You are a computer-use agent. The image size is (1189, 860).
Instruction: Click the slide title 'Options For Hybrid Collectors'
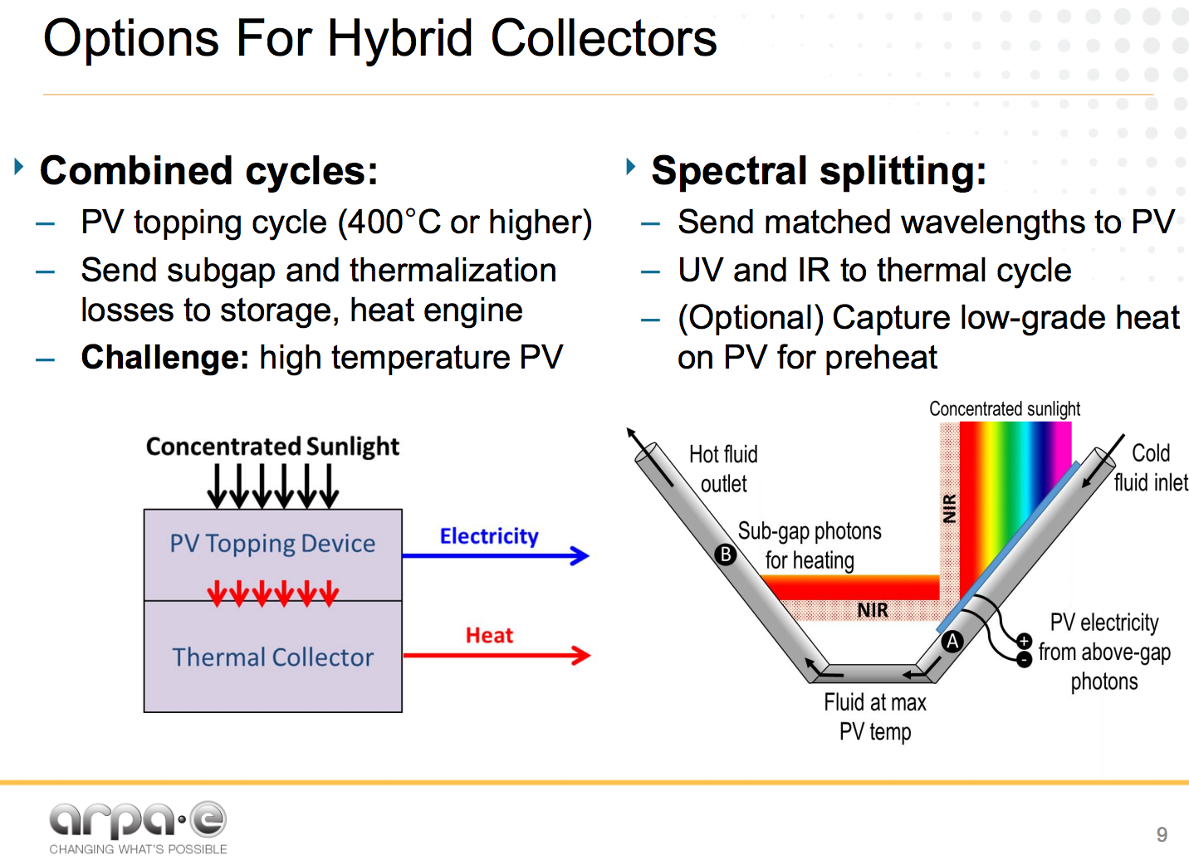point(379,38)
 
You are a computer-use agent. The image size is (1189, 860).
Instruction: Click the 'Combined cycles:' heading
point(208,171)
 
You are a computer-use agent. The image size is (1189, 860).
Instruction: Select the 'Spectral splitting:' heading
point(819,171)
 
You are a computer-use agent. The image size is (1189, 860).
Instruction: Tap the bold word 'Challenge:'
point(164,358)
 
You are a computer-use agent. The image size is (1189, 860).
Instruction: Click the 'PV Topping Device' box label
point(272,544)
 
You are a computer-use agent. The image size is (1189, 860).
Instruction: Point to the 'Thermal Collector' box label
point(272,657)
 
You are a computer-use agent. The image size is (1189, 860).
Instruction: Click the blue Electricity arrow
point(497,555)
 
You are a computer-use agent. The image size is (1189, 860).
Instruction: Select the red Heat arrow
point(497,655)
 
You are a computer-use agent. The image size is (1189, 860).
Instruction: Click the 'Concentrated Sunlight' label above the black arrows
point(272,447)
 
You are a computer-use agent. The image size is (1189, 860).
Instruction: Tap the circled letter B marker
point(726,554)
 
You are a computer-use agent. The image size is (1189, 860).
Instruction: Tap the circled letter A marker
point(952,641)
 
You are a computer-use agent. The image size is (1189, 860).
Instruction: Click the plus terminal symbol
point(1025,641)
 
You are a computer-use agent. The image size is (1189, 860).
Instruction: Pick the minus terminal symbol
point(1025,659)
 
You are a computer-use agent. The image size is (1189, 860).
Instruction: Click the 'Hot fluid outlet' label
point(723,469)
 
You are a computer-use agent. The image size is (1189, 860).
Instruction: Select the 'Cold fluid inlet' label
point(1150,467)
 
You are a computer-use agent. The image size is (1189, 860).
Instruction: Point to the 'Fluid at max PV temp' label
point(874,717)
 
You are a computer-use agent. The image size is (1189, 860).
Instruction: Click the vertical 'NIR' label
point(949,508)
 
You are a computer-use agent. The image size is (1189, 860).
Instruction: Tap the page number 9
point(1162,834)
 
